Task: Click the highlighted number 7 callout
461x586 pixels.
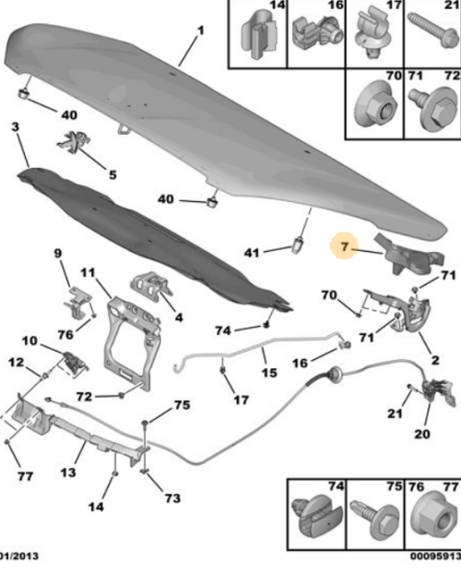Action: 344,246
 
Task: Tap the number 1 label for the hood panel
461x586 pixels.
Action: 201,30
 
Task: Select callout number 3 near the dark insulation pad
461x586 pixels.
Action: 15,126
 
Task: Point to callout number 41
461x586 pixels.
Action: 252,253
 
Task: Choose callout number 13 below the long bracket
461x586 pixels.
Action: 68,472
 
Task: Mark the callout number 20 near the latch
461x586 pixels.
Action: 421,434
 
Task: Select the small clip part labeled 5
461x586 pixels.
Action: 75,141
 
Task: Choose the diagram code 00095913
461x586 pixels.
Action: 435,556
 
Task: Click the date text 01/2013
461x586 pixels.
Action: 18,556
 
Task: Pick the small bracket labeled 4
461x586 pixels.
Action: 150,285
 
